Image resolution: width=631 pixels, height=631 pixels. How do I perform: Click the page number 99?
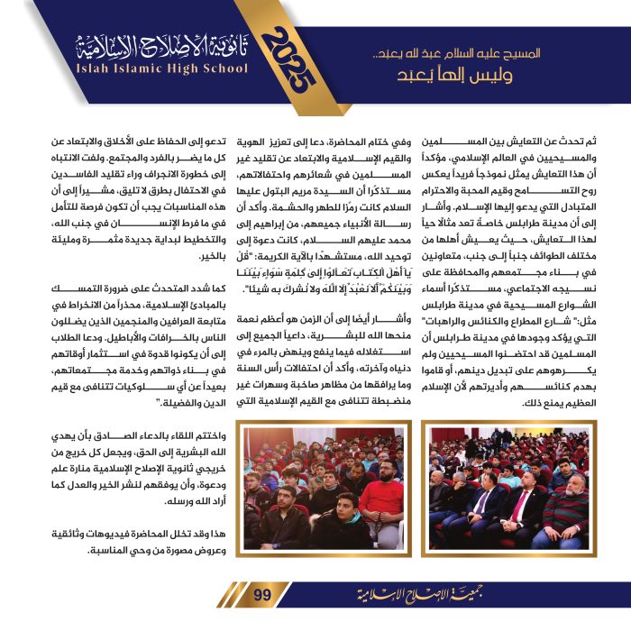coord(261,593)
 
